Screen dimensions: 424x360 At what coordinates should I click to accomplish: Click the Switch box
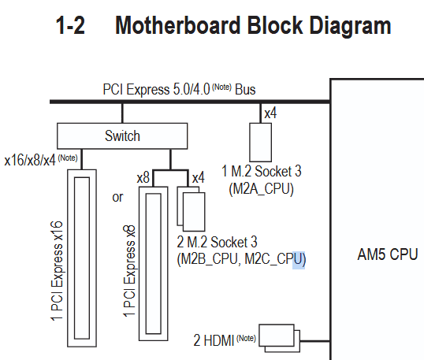122,136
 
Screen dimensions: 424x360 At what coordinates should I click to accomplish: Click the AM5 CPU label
388,254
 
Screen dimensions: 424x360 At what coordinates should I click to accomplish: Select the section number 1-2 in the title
70,25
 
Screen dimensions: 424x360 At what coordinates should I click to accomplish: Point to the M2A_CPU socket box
260,143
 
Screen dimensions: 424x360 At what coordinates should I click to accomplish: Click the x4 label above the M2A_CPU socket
270,113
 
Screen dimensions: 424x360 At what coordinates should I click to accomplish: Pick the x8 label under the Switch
143,178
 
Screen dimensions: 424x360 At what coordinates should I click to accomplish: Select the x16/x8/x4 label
41,160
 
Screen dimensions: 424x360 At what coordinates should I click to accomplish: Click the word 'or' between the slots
117,197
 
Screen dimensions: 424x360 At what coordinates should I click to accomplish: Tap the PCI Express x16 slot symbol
82,258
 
